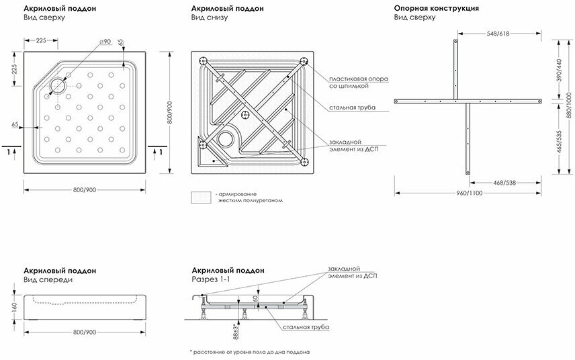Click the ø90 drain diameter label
click(x=104, y=42)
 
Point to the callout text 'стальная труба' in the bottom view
click(x=352, y=107)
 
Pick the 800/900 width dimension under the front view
click(x=83, y=332)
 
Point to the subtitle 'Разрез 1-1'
click(x=211, y=279)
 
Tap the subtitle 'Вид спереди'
click(x=47, y=279)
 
